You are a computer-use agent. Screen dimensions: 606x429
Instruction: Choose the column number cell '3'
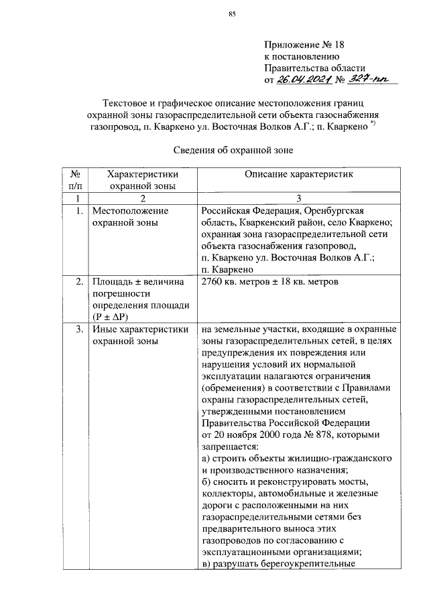299,198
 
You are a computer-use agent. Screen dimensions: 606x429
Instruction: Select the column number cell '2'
142,198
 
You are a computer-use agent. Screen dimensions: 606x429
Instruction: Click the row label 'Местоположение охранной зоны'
130,217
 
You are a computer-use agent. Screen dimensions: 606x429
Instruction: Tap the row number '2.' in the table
79,281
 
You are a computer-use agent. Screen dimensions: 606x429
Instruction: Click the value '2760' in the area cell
212,281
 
